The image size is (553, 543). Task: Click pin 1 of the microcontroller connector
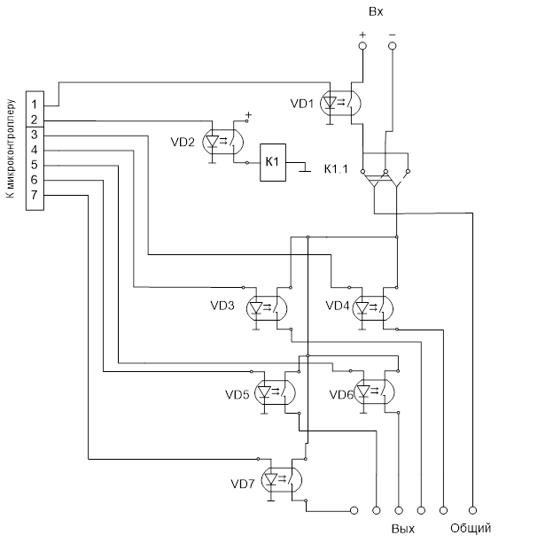(34, 104)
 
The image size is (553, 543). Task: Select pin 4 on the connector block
(34, 150)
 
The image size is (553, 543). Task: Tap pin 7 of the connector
(34, 195)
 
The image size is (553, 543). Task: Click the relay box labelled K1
(273, 162)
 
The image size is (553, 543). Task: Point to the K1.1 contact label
(338, 167)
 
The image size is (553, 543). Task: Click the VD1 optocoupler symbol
(339, 104)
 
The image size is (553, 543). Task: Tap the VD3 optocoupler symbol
(267, 307)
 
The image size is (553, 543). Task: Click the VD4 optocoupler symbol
(373, 307)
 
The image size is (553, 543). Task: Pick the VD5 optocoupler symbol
(274, 392)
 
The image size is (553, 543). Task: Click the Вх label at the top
(376, 11)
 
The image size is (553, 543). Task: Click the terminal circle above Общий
(473, 509)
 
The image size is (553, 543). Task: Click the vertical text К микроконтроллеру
(12, 146)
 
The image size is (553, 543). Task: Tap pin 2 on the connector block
(34, 120)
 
